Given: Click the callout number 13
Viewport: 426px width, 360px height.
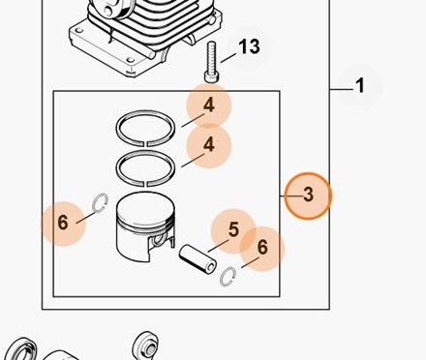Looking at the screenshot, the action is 249,46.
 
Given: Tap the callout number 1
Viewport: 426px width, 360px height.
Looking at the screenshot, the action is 360,86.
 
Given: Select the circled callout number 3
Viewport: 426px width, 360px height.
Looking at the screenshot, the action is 309,195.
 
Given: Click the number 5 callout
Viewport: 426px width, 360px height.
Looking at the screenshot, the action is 233,229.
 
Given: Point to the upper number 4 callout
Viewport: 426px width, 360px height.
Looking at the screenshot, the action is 209,105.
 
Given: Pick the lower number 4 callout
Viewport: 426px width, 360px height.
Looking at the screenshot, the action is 209,144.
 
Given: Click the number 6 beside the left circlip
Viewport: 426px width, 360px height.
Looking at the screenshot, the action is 63,223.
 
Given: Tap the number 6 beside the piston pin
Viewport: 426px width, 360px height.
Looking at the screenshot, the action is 262,247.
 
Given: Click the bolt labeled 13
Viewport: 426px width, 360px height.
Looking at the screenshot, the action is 213,62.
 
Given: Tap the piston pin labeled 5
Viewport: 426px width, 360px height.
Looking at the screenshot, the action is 198,259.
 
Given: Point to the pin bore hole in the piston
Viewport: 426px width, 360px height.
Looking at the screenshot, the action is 158,240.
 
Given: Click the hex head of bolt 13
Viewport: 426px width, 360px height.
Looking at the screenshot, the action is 213,77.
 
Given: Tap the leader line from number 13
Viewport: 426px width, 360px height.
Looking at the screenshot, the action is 228,58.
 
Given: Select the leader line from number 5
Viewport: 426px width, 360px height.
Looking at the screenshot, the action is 218,246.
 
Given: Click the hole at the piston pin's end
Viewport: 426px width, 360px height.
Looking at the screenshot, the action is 211,267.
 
